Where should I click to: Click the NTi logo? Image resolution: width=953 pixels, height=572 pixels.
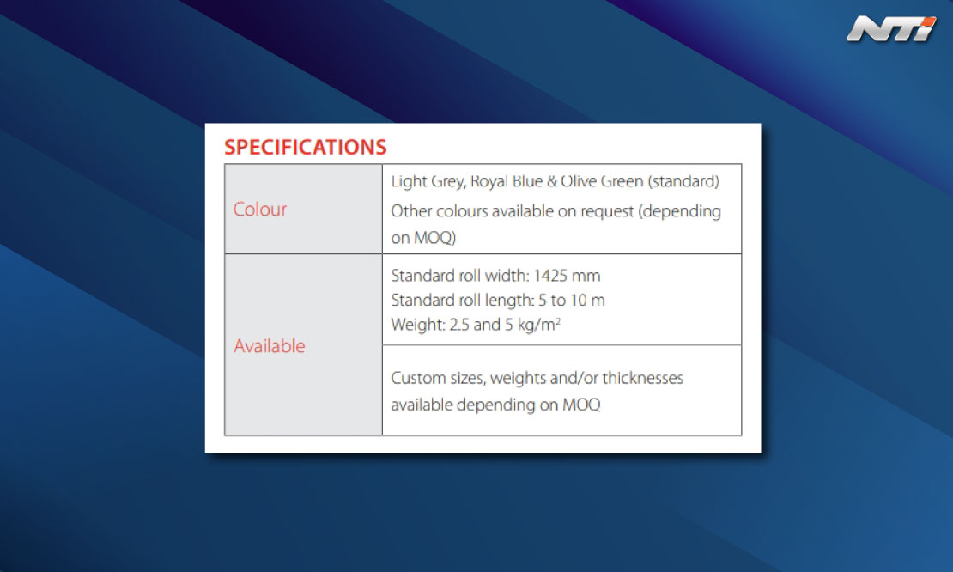point(891,28)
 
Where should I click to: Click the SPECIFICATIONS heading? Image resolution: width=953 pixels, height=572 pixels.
point(305,147)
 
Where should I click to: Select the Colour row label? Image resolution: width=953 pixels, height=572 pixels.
point(260,209)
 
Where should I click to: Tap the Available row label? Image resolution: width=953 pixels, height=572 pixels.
point(270,346)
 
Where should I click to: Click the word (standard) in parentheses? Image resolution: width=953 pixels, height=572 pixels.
point(683,181)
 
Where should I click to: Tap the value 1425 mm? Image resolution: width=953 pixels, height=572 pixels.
point(567,276)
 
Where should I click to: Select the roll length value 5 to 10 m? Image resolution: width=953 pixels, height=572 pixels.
point(571,301)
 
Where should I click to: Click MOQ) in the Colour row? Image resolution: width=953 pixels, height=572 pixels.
point(434,238)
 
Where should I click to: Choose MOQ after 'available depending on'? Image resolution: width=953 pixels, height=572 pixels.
point(581,405)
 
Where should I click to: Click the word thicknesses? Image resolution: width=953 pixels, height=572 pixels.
point(642,378)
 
